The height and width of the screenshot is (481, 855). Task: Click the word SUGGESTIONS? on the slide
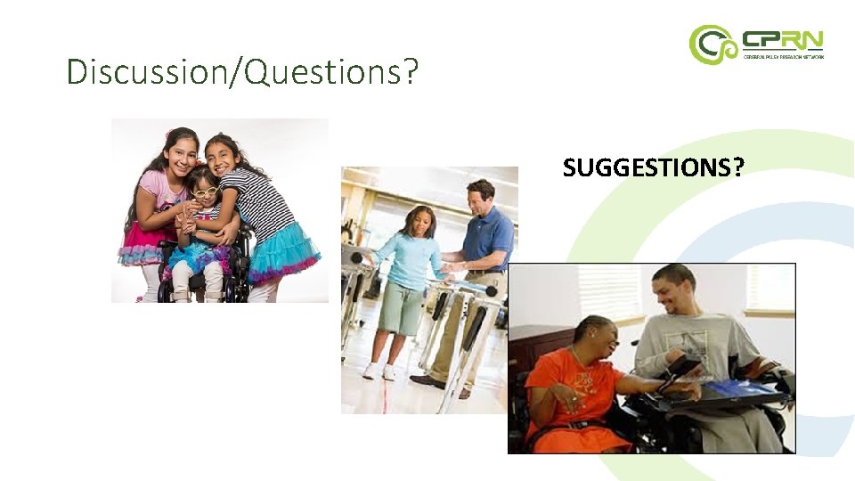pyautogui.click(x=653, y=167)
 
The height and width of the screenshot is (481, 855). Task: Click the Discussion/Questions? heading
pyautogui.click(x=242, y=71)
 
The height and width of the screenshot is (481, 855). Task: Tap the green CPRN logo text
pyautogui.click(x=783, y=39)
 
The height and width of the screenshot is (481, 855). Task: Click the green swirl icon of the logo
pyautogui.click(x=712, y=45)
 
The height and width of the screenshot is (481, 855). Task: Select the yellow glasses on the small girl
pyautogui.click(x=205, y=192)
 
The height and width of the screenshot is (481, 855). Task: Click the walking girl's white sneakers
pyautogui.click(x=379, y=371)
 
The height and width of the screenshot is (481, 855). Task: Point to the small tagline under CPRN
pyautogui.click(x=783, y=56)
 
